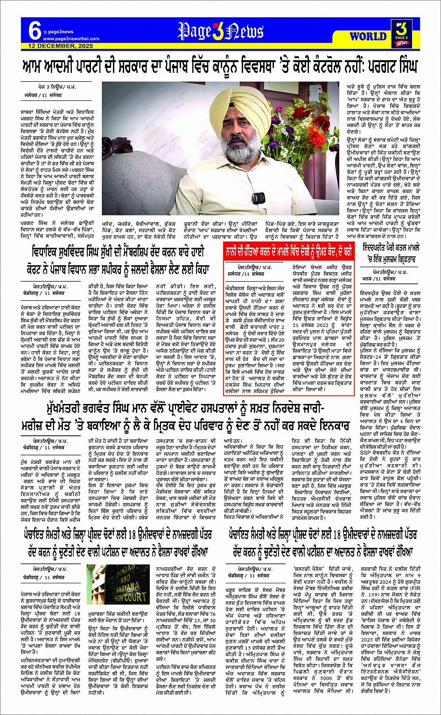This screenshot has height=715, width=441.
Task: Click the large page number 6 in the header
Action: (x=34, y=31)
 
